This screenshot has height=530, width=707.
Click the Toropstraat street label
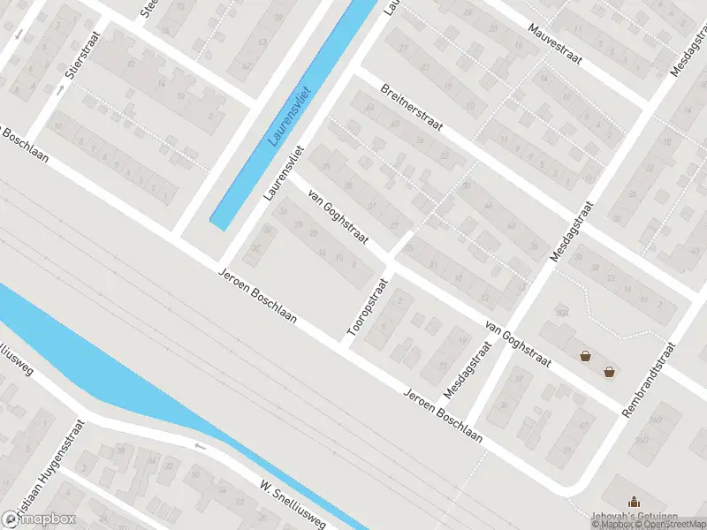point(368,310)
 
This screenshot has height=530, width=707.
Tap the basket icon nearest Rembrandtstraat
point(610,371)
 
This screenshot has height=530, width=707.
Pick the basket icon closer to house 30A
point(585,356)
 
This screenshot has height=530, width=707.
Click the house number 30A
point(560,312)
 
